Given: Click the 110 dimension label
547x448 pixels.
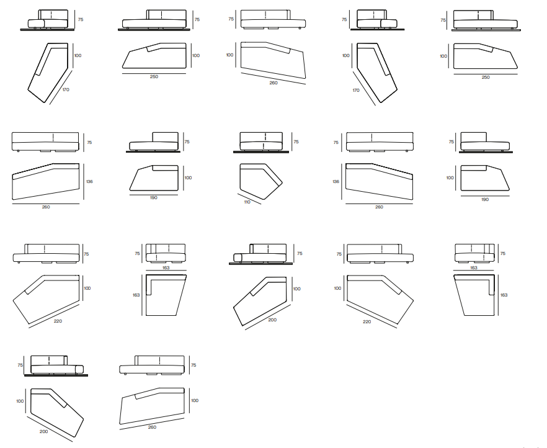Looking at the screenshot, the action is pos(247,202).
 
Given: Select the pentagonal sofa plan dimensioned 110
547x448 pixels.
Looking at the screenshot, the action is pos(261,181).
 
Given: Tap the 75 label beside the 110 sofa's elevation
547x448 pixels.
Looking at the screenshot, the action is pos(296,141).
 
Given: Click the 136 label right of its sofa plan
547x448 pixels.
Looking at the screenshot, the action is pos(90,181).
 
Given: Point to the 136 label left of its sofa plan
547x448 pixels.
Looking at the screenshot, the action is pos(336,181).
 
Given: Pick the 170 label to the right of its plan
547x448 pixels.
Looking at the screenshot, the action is pos(66,90).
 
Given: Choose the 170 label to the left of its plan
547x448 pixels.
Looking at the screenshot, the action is pos(356,91).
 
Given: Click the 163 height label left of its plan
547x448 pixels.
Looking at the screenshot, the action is pos(136,295).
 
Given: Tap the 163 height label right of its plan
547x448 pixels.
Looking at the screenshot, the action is pos(504,295).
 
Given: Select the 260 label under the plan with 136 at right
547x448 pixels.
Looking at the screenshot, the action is pos(46,207).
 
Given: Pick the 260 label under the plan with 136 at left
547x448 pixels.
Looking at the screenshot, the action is pos(379,207).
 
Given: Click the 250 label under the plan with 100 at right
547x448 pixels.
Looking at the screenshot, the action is pos(154,76).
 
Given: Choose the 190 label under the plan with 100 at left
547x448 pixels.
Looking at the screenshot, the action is pos(485,200).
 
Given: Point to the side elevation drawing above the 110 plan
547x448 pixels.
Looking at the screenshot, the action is pos(261,142).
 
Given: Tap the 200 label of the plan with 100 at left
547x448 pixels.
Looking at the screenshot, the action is pos(43,432).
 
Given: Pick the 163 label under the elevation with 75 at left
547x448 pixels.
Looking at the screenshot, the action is pos(166,267).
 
